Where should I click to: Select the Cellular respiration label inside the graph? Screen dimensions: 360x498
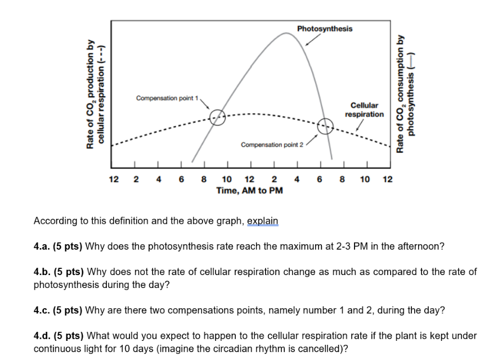pyautogui.click(x=364, y=110)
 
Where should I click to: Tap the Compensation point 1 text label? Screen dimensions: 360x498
pyautogui.click(x=167, y=99)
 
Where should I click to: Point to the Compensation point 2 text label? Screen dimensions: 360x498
pyautogui.click(x=272, y=145)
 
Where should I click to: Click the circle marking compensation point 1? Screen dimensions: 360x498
pyautogui.click(x=218, y=117)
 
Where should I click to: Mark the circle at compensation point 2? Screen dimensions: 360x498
pyautogui.click(x=325, y=127)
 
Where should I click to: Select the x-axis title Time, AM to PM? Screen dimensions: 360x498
pyautogui.click(x=249, y=191)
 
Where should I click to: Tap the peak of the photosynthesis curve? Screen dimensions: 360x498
pyautogui.click(x=287, y=33)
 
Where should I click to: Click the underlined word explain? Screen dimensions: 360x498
pyautogui.click(x=263, y=221)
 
